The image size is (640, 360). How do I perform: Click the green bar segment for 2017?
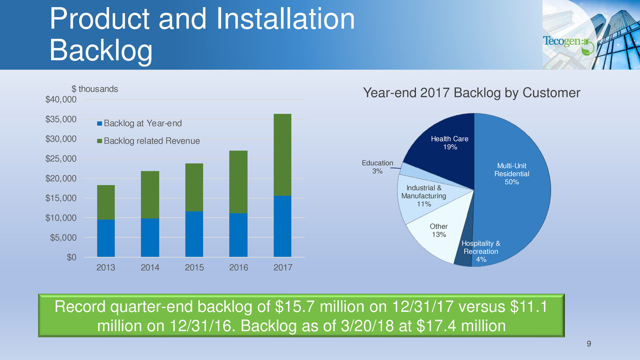282,155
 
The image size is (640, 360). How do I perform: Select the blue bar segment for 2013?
106,238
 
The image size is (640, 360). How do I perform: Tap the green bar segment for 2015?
194,187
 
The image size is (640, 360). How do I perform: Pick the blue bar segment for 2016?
239,235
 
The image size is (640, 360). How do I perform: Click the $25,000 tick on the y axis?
61,159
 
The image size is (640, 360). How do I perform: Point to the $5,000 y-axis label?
63,238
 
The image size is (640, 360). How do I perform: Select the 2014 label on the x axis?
150,268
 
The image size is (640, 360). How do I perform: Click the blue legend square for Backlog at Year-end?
100,124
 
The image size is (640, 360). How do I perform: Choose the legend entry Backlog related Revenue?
148,141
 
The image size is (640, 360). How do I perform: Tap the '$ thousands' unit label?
94,89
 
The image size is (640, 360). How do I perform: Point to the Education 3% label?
377,167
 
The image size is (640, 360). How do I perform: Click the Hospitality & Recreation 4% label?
481,251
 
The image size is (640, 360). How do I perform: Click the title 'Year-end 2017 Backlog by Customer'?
471,93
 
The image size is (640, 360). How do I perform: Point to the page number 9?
588,344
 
